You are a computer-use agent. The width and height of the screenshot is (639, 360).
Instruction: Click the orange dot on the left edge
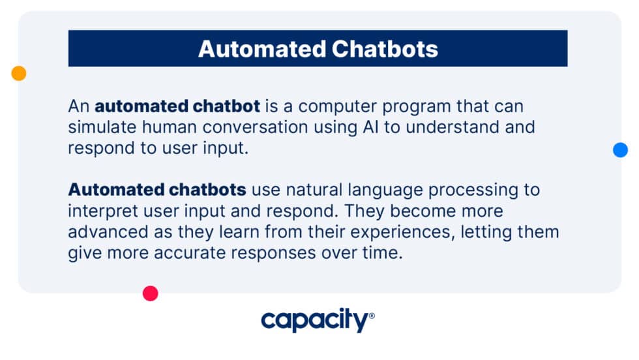(19, 74)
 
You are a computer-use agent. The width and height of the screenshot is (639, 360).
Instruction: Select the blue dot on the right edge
(620, 150)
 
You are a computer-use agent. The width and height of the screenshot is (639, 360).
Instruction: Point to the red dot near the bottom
(151, 293)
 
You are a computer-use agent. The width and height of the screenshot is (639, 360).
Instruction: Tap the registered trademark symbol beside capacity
(372, 316)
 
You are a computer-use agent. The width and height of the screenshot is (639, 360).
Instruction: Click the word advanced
(100, 232)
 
